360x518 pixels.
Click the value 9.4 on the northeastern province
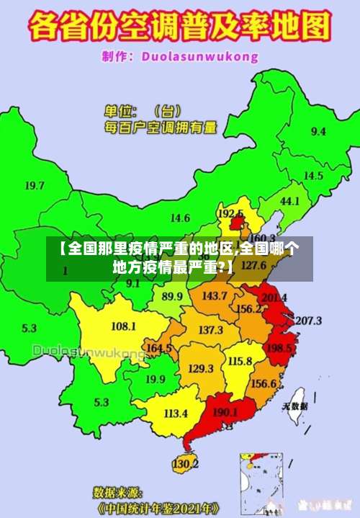(318, 131)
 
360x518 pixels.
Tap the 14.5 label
(312, 176)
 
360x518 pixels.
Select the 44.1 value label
(289, 201)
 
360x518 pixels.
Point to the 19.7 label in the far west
(35, 186)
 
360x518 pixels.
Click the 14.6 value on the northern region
(179, 218)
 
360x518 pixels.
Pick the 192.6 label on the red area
(230, 214)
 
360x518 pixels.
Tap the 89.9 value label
(172, 296)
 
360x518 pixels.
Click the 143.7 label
(214, 296)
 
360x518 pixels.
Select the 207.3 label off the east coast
(308, 321)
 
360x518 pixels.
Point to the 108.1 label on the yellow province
(123, 326)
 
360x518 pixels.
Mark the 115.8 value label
(239, 361)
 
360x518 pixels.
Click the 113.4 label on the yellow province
(176, 414)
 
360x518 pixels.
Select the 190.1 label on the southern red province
(225, 413)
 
